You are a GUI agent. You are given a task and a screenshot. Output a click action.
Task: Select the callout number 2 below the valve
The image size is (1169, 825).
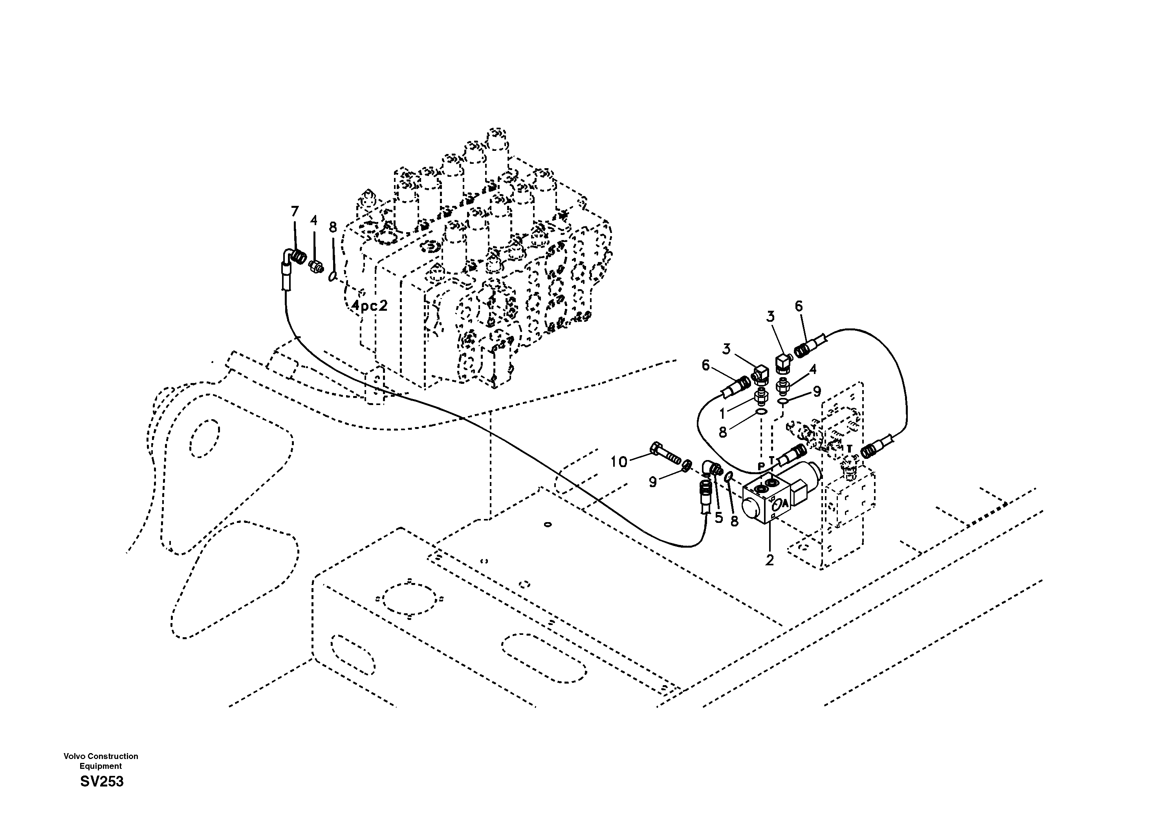770,560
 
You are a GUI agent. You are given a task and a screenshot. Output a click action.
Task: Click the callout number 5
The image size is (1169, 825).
719,518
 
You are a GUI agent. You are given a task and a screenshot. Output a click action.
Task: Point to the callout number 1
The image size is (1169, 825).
722,414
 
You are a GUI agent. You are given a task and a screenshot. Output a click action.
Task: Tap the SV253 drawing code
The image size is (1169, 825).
102,781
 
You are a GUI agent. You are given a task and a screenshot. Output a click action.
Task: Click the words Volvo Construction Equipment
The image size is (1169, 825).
101,761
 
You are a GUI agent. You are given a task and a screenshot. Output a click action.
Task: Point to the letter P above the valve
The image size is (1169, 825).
761,466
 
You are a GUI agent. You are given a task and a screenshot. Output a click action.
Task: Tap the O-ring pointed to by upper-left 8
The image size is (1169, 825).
332,276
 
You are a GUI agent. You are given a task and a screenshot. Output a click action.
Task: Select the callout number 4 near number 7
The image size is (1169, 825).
313,220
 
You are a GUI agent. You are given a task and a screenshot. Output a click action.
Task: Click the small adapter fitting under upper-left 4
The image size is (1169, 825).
316,266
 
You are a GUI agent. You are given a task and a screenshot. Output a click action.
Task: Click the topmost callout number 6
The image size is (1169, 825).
798,306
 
